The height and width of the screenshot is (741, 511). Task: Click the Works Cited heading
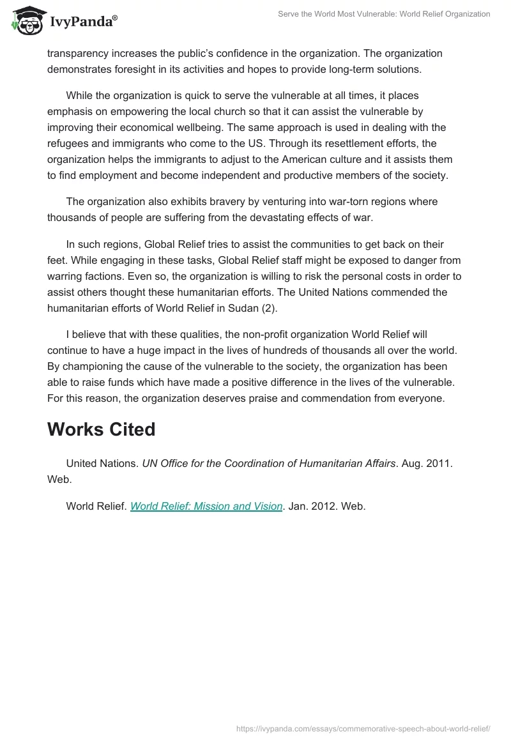(101, 429)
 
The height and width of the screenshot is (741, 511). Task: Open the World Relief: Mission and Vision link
(206, 506)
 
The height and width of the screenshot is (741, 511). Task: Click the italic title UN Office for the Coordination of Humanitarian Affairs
(268, 464)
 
